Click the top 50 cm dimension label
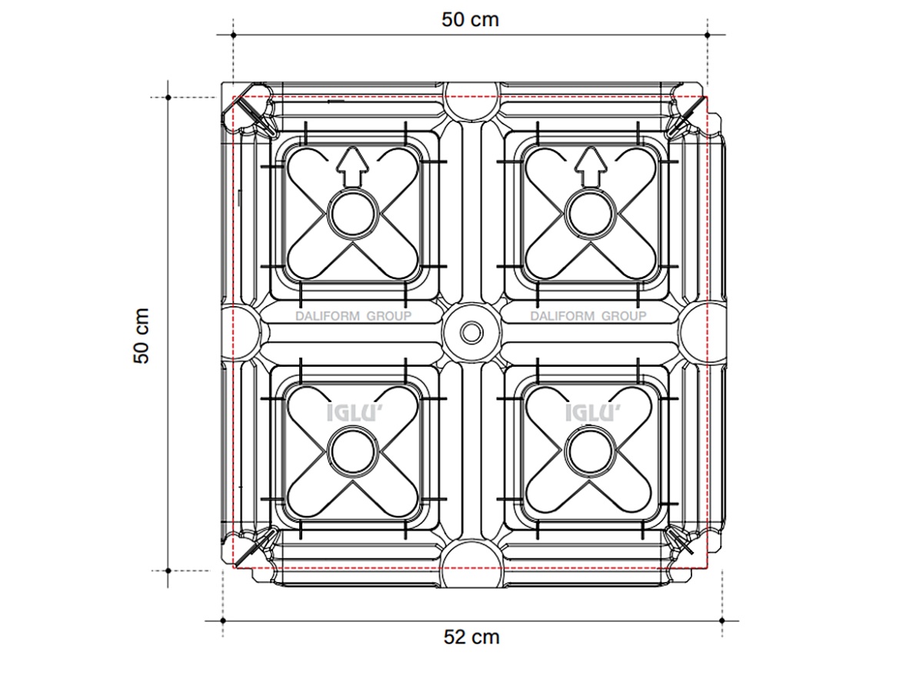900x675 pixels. point(470,19)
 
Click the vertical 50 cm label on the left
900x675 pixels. point(142,335)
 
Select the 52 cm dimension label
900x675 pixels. point(472,637)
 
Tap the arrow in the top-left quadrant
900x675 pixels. point(352,167)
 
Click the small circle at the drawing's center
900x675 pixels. point(472,333)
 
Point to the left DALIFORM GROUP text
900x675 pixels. point(353,316)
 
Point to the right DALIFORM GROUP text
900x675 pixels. point(588,316)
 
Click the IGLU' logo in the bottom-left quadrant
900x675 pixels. point(352,413)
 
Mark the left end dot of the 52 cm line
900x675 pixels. point(223,620)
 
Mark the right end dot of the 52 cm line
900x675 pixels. point(722,620)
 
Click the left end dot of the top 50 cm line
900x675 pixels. point(233,35)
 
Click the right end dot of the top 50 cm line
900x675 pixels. point(707,35)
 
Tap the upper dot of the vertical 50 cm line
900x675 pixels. point(168,98)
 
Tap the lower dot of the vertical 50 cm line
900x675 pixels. point(168,570)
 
